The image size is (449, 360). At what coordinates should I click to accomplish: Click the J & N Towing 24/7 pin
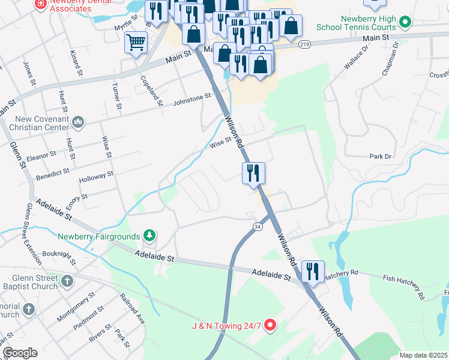click(x=270, y=326)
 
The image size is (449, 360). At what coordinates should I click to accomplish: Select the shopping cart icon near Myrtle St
click(x=136, y=43)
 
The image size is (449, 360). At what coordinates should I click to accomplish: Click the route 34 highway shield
click(x=257, y=226)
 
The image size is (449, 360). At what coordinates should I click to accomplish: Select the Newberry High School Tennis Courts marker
click(x=405, y=23)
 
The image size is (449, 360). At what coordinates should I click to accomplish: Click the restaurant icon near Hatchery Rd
click(x=313, y=272)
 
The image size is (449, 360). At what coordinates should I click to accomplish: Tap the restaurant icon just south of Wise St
click(x=253, y=173)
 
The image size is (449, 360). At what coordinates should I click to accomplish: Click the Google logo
click(x=19, y=353)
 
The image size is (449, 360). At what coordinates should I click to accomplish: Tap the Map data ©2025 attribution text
click(x=423, y=355)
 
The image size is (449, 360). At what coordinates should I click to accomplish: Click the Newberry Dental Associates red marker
click(x=41, y=4)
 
